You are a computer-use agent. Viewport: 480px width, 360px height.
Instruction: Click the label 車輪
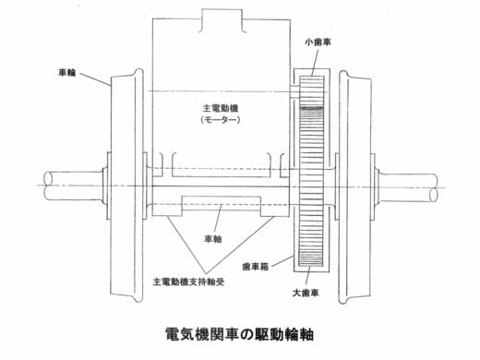[67, 73]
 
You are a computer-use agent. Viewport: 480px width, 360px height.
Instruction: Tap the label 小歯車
[318, 42]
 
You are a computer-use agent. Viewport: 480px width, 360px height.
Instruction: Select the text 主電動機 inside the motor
[221, 108]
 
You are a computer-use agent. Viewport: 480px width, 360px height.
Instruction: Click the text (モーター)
[221, 120]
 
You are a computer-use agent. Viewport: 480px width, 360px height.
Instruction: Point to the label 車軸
[213, 239]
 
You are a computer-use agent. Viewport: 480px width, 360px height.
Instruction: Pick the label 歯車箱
[256, 267]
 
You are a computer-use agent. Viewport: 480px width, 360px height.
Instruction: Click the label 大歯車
[306, 293]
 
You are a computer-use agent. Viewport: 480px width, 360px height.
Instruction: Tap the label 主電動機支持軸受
[188, 282]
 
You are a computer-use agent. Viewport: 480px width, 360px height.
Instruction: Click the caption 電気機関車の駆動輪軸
[239, 334]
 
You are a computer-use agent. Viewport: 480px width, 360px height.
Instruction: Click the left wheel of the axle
[126, 186]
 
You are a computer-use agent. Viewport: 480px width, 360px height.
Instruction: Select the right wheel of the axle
[354, 187]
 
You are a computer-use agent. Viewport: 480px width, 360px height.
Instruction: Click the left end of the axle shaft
[48, 186]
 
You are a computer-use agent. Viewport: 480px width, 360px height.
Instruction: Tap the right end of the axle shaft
[434, 187]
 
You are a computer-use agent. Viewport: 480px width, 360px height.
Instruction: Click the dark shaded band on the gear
[311, 108]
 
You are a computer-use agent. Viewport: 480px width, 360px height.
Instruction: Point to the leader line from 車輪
[95, 79]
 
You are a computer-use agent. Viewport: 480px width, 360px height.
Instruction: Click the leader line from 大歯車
[308, 276]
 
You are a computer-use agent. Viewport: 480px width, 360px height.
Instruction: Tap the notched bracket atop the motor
[222, 20]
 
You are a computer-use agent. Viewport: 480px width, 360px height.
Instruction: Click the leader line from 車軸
[218, 220]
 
